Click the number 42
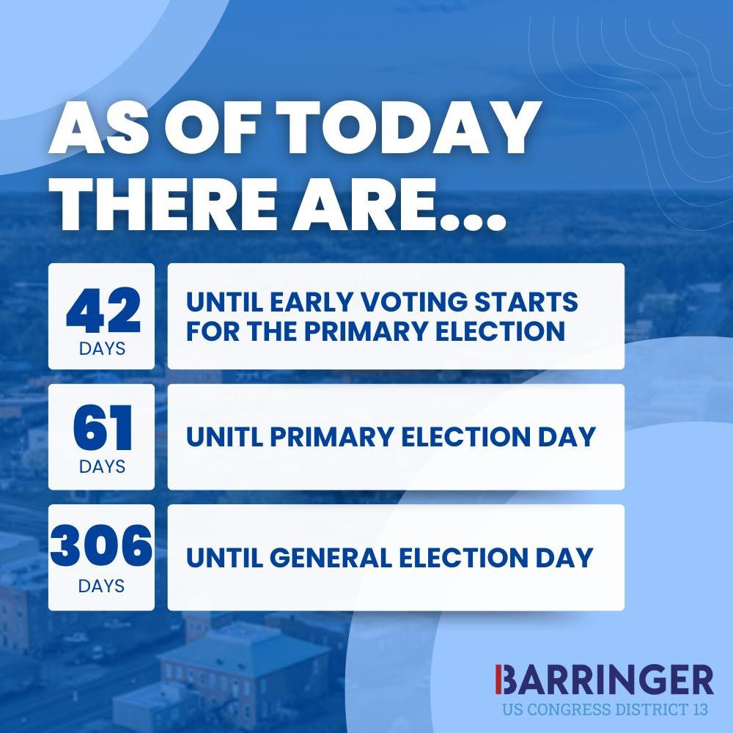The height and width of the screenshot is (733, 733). [x=102, y=311]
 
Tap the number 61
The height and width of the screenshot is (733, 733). [x=102, y=431]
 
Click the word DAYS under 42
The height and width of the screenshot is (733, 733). [x=102, y=348]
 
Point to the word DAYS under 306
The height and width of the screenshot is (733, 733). [x=102, y=586]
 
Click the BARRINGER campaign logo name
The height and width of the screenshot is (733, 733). [x=605, y=681]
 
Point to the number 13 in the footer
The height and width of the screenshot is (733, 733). [x=701, y=710]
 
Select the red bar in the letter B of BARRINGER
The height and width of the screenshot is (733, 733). [x=498, y=681]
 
